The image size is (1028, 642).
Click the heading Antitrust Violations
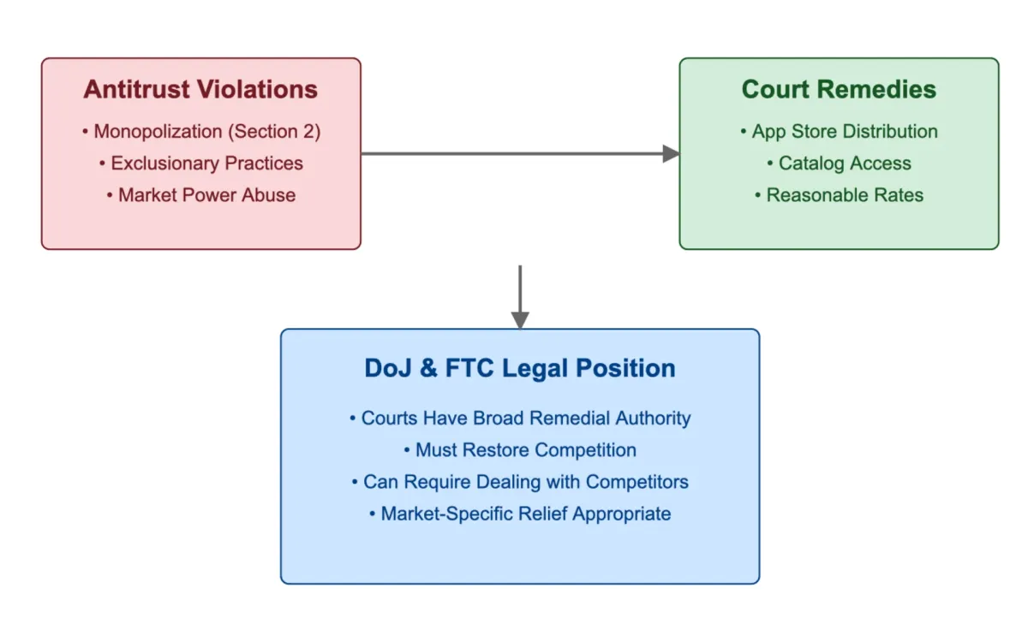200,90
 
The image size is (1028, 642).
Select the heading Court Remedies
839,90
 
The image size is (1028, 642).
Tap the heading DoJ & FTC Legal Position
520,368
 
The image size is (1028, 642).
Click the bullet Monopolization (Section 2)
201,132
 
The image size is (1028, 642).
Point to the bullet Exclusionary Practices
201,163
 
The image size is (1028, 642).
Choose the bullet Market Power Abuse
201,195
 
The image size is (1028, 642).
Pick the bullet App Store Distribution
839,132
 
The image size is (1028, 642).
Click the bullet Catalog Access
839,163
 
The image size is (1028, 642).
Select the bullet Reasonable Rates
839,195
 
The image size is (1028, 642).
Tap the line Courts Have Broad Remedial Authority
520,419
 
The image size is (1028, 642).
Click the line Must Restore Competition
520,450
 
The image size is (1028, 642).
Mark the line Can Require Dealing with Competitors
520,482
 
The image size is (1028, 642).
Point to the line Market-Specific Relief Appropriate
520,514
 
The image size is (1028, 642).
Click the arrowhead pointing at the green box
672,154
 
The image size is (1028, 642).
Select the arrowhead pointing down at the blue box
520,320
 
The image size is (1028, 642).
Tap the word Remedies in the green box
887,90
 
